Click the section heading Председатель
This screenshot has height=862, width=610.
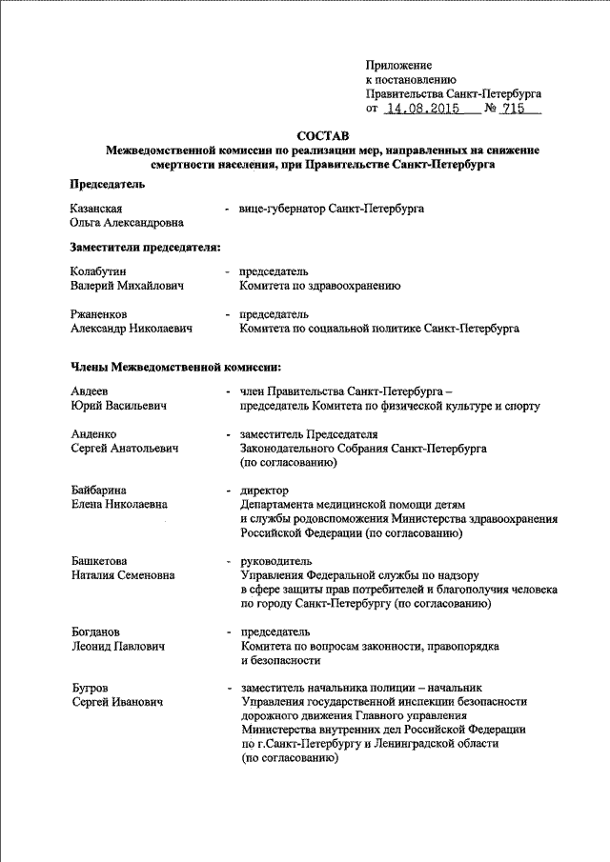[x=107, y=184]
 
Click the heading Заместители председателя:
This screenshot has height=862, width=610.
[x=145, y=248]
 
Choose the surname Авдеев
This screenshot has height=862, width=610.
[x=90, y=391]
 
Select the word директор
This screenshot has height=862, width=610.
[x=265, y=490]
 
